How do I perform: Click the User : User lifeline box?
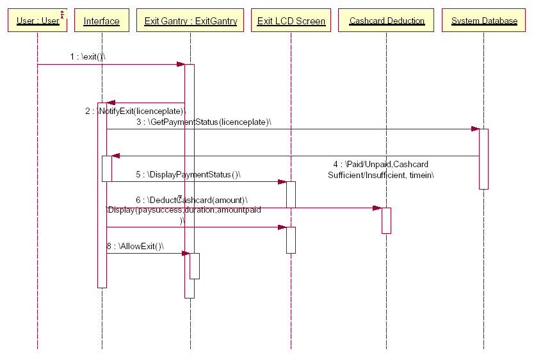click(x=37, y=21)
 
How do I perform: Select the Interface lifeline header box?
click(x=101, y=21)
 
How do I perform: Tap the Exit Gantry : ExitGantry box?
click(x=190, y=21)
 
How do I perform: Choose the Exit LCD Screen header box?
click(x=291, y=21)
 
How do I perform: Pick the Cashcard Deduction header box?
click(x=387, y=21)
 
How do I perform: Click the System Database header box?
click(x=484, y=21)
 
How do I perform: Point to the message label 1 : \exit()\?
click(x=88, y=57)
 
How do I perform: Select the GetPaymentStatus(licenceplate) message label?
click(x=204, y=122)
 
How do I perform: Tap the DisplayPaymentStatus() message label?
click(x=188, y=174)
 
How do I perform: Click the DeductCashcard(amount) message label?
click(x=191, y=200)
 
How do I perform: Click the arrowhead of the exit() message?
click(x=181, y=64)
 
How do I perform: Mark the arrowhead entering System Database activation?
click(x=475, y=129)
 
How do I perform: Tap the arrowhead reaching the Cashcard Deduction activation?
click(x=378, y=208)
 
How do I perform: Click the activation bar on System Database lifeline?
click(x=483, y=159)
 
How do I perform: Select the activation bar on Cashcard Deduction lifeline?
click(x=386, y=220)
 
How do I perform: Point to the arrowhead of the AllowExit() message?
click(x=186, y=253)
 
